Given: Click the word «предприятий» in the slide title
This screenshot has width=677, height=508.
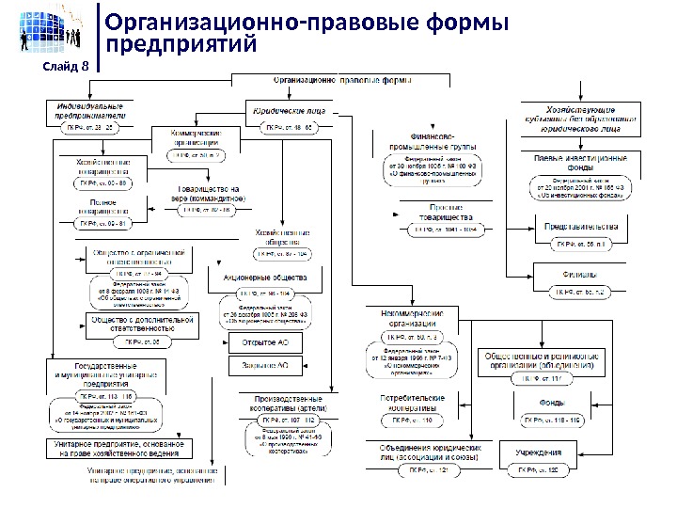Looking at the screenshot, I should [x=181, y=44].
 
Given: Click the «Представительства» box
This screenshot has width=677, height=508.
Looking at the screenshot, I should [x=580, y=227].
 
